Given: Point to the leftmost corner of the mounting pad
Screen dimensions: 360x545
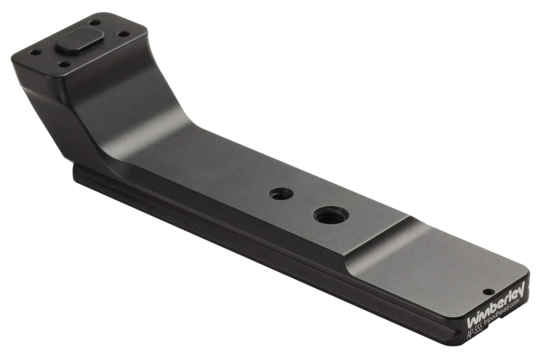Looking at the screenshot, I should coord(13,59).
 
